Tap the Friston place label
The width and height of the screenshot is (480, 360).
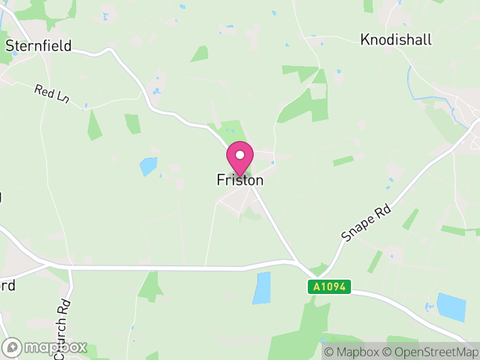[x=240, y=180]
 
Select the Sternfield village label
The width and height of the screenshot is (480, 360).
[x=38, y=46]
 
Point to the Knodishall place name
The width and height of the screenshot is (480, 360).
[x=396, y=40]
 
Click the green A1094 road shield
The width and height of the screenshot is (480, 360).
[x=329, y=287]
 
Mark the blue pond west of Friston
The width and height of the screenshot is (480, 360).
[x=148, y=166]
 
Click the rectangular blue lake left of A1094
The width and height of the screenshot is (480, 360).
[x=262, y=288]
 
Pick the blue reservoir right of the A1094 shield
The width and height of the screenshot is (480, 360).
[x=451, y=307]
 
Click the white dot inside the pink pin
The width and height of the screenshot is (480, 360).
[x=240, y=155]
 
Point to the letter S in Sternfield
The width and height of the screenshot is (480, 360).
[x=10, y=46]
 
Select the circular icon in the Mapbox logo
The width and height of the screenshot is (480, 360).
[x=13, y=347]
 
